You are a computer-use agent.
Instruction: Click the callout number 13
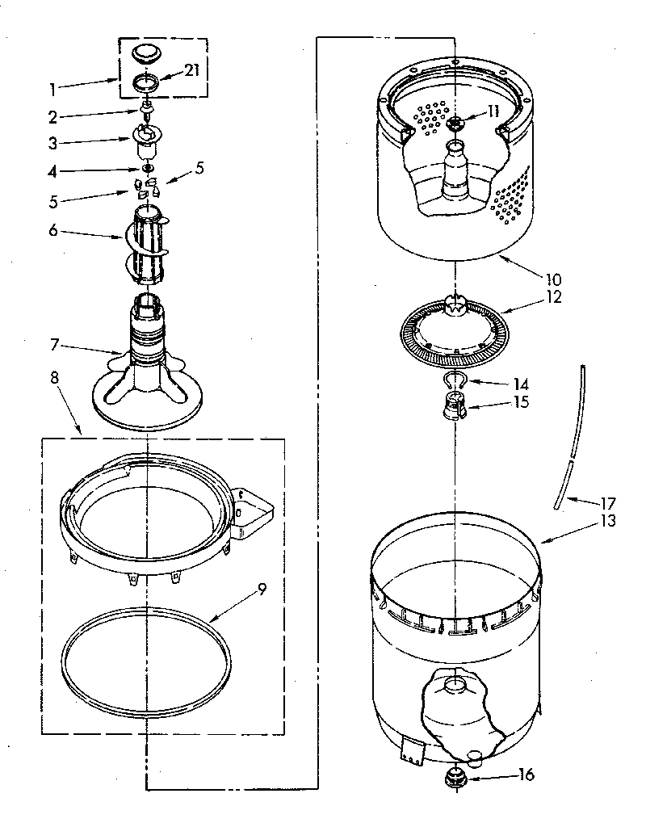pyautogui.click(x=606, y=521)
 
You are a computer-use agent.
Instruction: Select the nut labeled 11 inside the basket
pyautogui.click(x=456, y=123)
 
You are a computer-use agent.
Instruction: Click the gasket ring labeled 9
pyautogui.click(x=146, y=646)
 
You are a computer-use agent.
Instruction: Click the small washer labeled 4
pyautogui.click(x=147, y=169)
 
